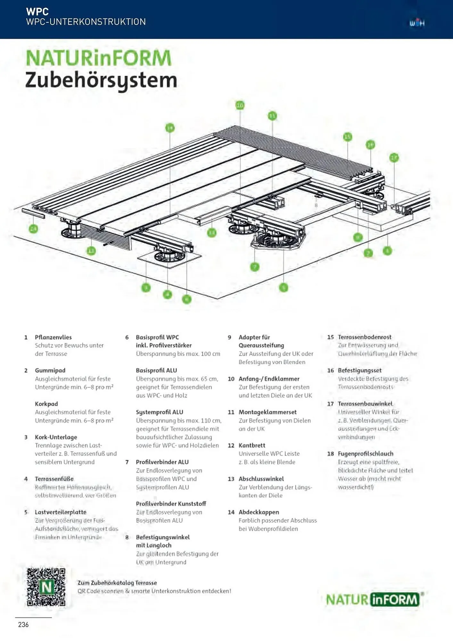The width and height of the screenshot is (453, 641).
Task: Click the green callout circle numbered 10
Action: [x=240, y=105]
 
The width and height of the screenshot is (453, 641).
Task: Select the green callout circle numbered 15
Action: [x=348, y=137]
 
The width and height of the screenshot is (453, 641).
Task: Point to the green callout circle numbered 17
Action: [x=394, y=158]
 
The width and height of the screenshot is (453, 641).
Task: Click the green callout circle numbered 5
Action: [x=284, y=287]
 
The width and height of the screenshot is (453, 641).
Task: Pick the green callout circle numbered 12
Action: [x=91, y=251]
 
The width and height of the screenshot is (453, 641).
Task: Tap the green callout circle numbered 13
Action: [x=211, y=233]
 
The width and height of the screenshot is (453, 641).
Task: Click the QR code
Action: [x=46, y=587]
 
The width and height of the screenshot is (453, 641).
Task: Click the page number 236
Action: [x=23, y=624]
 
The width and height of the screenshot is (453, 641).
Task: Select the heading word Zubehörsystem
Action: [x=101, y=80]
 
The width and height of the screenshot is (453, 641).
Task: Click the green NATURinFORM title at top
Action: [x=99, y=58]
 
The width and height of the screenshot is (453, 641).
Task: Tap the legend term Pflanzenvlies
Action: [x=53, y=337]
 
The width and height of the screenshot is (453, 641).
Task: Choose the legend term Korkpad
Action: [x=46, y=404]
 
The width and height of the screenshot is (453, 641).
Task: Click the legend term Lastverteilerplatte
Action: [x=61, y=512]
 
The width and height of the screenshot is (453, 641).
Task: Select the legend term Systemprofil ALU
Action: [x=159, y=412]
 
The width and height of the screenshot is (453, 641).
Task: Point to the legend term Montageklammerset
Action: [x=268, y=412]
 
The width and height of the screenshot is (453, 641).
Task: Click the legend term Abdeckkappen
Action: [x=259, y=512]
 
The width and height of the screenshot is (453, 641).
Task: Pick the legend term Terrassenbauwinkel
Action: [x=365, y=404]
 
